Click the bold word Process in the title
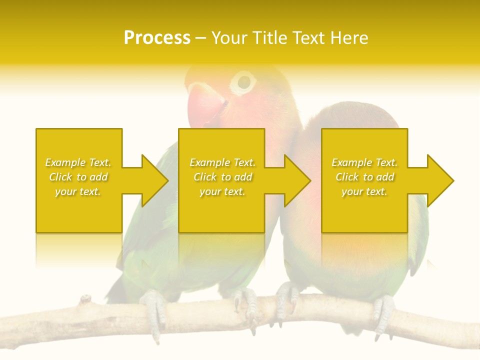pos(157,38)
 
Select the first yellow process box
pos(79,150)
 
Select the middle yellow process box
pos(221,150)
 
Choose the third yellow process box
pos(364,150)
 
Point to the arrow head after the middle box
pos(297,180)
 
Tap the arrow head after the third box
pos(440,180)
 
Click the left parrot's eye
pos(243,81)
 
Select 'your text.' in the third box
pos(364,191)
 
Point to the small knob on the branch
pos(85,299)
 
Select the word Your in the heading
pos(230,38)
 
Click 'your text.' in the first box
pos(78,191)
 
